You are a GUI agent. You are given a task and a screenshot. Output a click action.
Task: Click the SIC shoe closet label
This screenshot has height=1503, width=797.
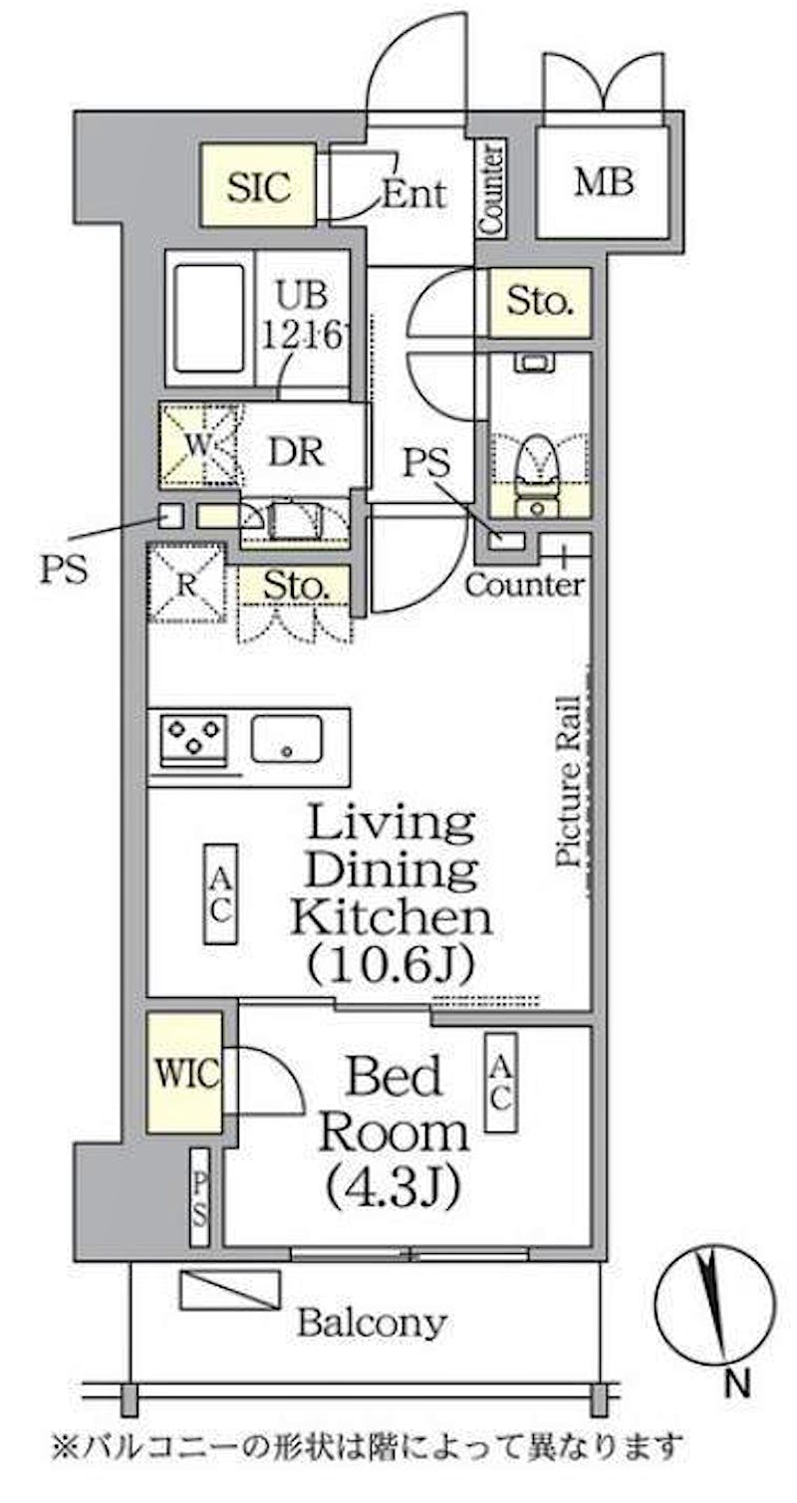258,186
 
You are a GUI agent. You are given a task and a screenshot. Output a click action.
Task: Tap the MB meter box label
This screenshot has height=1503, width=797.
603,181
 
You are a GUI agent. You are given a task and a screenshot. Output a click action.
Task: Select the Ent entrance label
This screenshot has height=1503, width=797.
413,194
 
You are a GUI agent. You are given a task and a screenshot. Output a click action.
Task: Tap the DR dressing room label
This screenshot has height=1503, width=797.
296,451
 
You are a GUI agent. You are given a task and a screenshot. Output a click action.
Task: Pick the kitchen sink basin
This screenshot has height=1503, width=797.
287,738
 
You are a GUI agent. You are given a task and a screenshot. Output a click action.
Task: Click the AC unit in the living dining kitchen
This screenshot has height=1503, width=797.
220,894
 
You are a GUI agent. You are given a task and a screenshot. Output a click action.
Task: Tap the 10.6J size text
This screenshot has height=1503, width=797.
392,963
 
